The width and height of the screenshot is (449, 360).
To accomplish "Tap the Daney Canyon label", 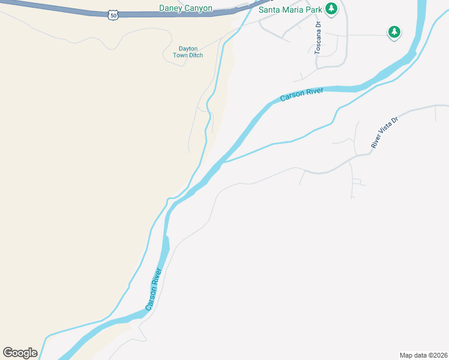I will tap(185, 8).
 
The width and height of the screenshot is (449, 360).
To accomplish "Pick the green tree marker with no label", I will tap(394, 32).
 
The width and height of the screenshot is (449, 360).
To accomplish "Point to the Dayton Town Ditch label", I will tap(188, 52).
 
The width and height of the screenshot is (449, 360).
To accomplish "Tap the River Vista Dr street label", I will tap(385, 133).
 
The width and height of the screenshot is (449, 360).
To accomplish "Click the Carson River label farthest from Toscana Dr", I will tap(154, 288).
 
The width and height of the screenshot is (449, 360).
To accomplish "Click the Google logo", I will tap(20, 353).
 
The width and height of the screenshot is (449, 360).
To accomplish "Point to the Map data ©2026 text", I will tap(423, 355).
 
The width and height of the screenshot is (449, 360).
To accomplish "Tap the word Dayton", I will tap(188, 49).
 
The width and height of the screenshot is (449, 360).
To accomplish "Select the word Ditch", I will tap(196, 56).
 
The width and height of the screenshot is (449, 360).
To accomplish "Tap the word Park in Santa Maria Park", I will tap(313, 10).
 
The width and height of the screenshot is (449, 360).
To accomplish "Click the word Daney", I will tap(171, 8).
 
